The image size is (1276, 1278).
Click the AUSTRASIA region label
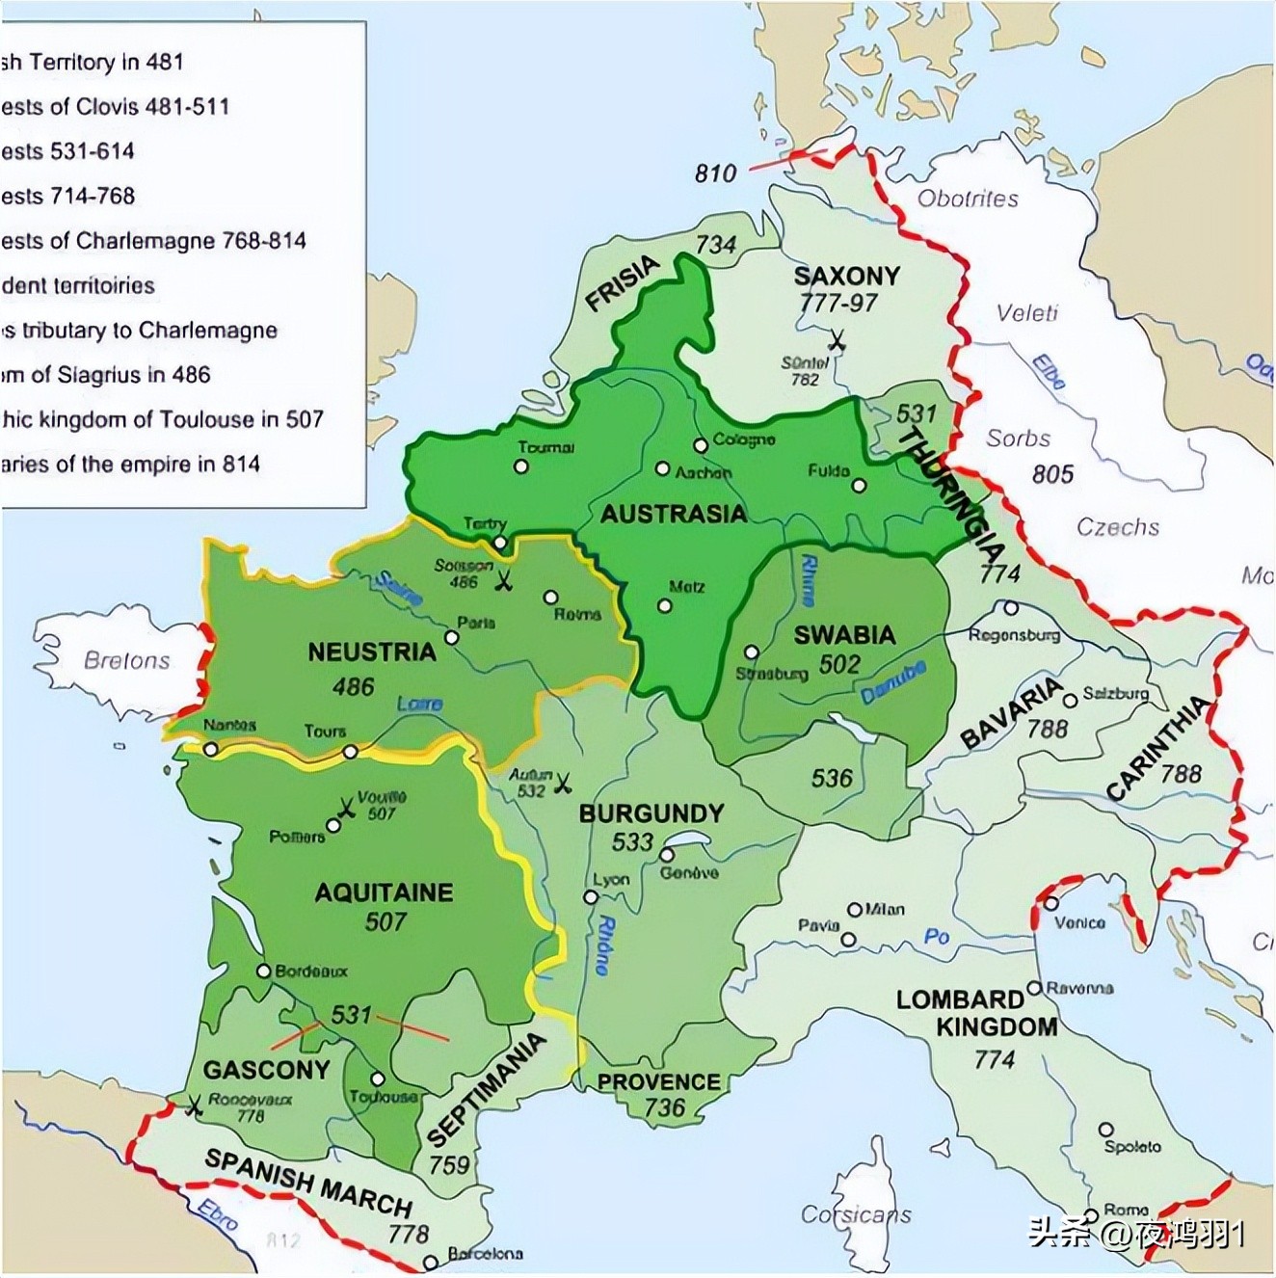(x=673, y=514)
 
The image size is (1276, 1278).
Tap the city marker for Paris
(x=451, y=638)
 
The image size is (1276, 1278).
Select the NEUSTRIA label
(x=372, y=652)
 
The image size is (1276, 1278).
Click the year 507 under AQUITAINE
(x=385, y=922)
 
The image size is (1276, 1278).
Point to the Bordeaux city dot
(x=263, y=972)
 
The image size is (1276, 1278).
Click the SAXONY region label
(x=846, y=277)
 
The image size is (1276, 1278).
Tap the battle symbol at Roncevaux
(x=194, y=1106)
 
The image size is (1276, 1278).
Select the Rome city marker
(x=1091, y=1214)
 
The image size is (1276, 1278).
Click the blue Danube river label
(x=893, y=681)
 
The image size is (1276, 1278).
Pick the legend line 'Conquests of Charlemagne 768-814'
(x=154, y=241)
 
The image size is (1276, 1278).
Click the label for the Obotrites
(x=968, y=200)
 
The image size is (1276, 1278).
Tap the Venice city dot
(x=1050, y=903)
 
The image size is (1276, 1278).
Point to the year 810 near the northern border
(x=715, y=173)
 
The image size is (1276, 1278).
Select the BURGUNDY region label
(x=651, y=813)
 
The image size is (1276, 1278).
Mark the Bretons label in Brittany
(x=126, y=661)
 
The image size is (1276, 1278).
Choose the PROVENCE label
(x=658, y=1082)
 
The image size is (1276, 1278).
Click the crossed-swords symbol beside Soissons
(x=503, y=581)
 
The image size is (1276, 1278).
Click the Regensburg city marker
(x=1010, y=608)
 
